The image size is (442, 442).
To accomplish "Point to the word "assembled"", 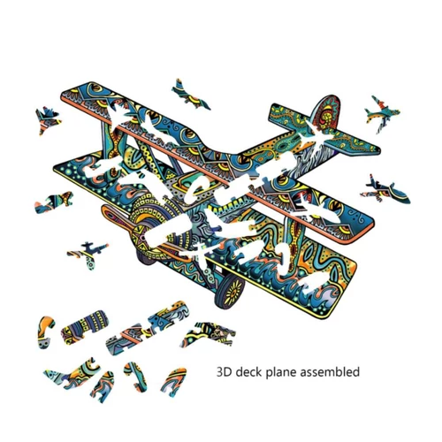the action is click(330, 371).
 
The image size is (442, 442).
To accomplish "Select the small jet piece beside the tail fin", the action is click(382, 113).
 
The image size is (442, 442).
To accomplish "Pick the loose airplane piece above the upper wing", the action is click(190, 95).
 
